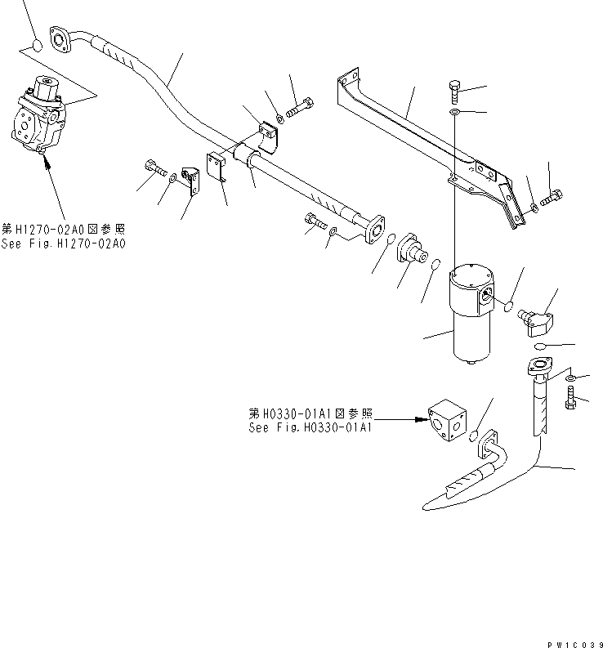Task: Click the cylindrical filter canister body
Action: coord(474,331)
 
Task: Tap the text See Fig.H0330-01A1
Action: coord(310,427)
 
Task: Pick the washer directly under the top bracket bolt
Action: coord(455,111)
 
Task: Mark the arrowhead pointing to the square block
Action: coord(421,420)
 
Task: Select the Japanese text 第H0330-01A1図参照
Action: coord(310,413)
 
